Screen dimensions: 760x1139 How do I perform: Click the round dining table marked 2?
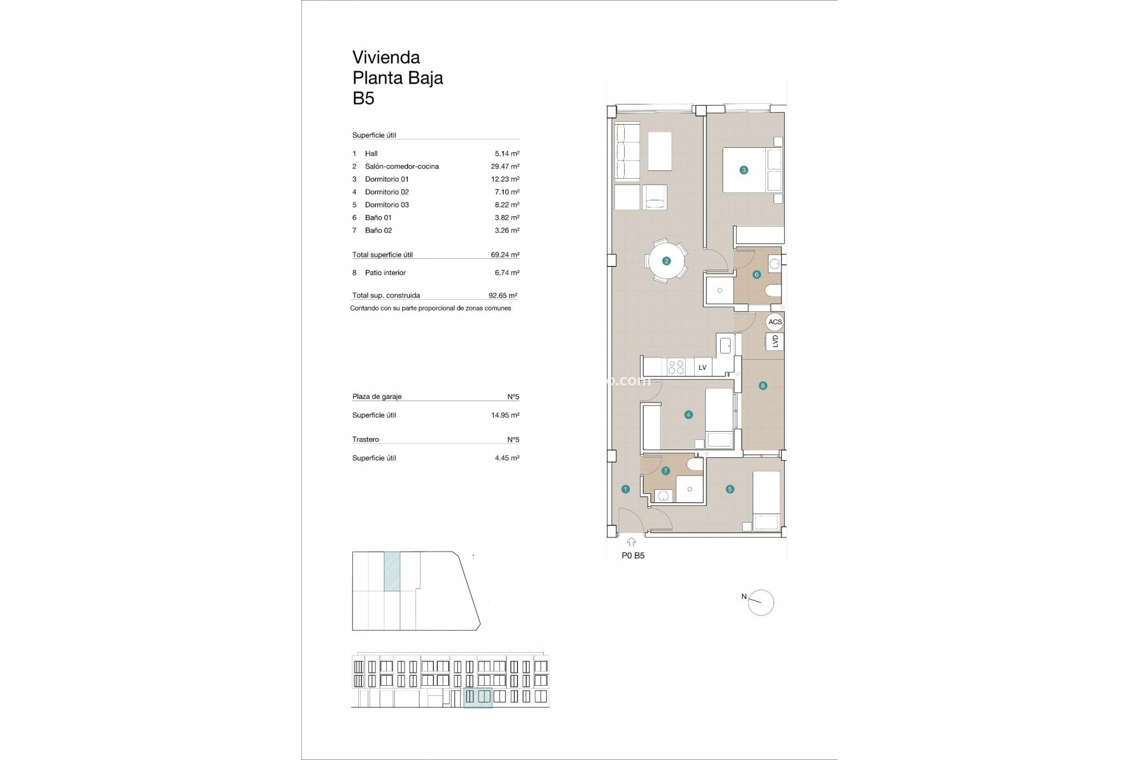tap(666, 261)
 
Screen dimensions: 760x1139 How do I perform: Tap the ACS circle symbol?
tap(775, 322)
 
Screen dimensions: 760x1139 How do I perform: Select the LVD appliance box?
tap(775, 341)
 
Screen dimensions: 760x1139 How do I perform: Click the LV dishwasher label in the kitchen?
tap(702, 368)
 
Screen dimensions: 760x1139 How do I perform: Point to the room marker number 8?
tap(763, 386)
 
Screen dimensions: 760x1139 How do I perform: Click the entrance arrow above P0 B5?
tap(631, 541)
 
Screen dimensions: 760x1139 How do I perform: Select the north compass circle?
tap(762, 603)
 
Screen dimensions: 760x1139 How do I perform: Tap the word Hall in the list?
tap(371, 154)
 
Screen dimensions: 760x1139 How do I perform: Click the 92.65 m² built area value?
tap(502, 295)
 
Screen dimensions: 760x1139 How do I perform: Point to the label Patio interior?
tap(385, 273)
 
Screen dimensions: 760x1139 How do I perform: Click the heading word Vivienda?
tap(386, 58)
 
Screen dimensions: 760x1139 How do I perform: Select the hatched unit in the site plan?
tap(392, 571)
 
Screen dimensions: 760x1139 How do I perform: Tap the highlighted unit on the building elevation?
tap(478, 697)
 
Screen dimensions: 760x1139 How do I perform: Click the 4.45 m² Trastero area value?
tap(507, 458)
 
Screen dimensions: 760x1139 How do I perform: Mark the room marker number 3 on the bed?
tap(743, 170)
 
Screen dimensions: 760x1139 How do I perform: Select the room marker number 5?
tap(730, 489)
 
